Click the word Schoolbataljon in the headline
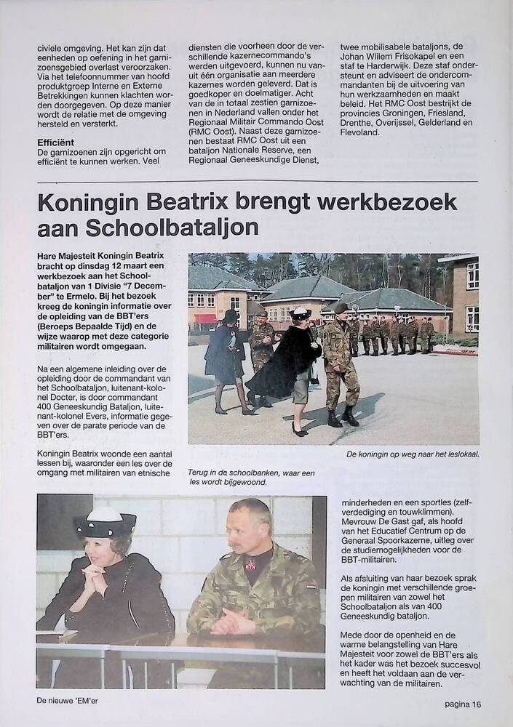click(172, 228)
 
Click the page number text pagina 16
click(464, 704)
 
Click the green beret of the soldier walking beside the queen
click(341, 308)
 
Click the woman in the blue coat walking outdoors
click(224, 356)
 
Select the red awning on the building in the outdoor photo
click(205, 318)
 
